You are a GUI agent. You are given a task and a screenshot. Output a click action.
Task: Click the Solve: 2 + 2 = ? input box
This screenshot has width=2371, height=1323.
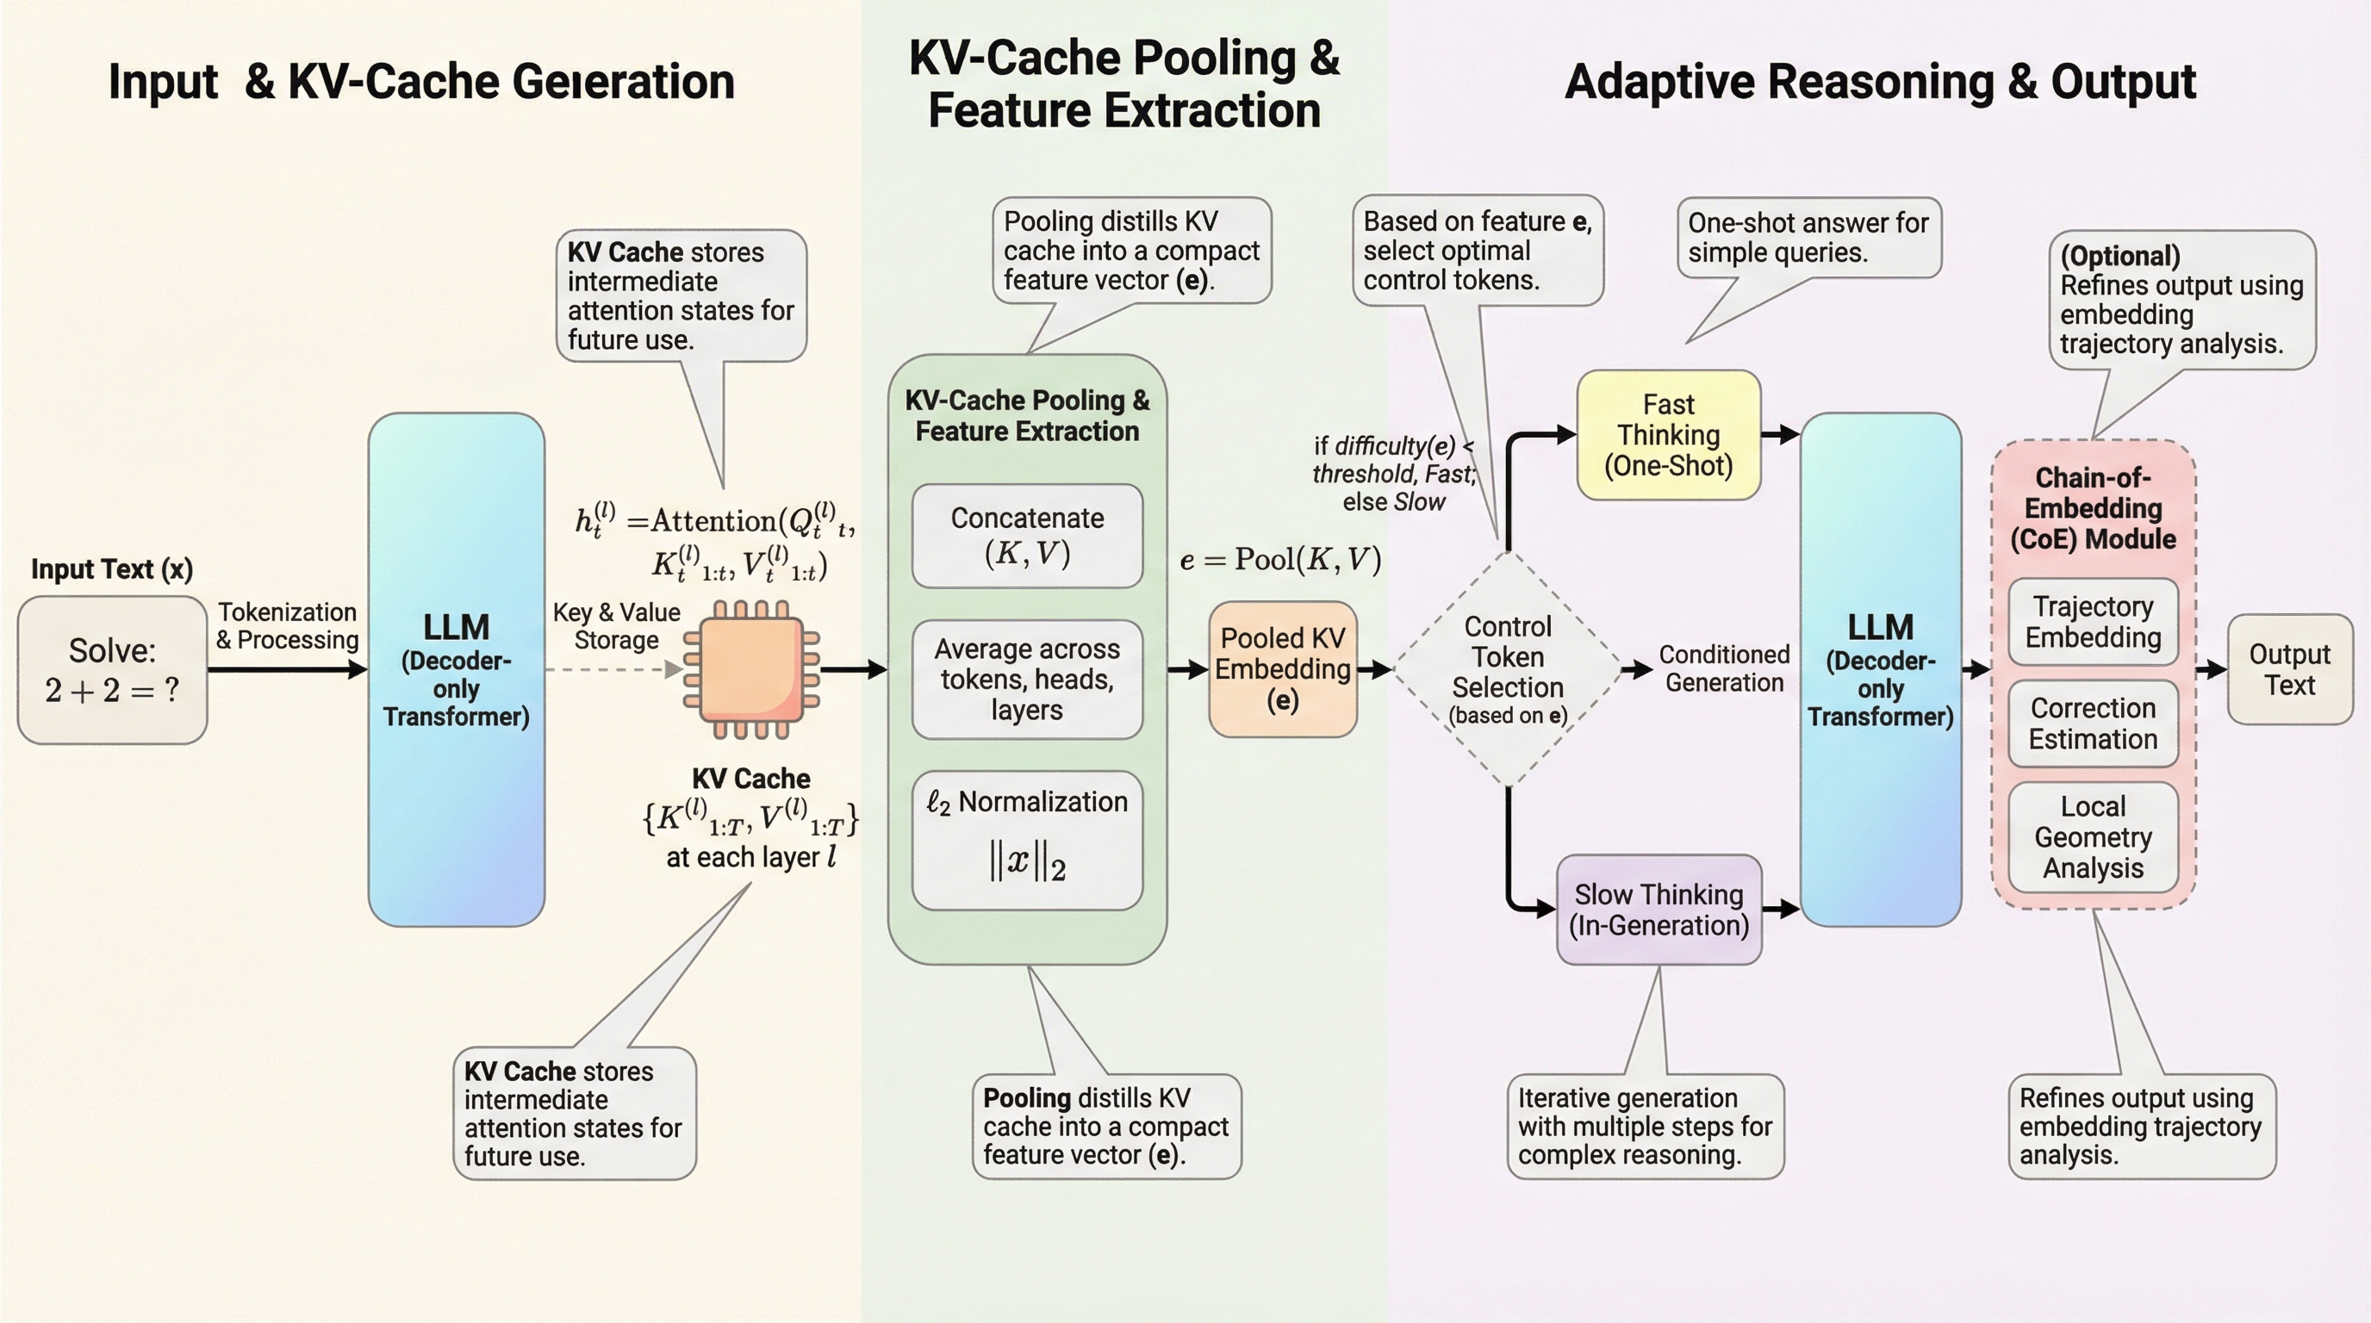click(x=112, y=670)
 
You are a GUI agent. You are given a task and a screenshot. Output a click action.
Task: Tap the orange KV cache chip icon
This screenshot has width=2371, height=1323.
click(x=751, y=670)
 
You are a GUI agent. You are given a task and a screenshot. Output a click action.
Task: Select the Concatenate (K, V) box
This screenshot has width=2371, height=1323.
click(x=1027, y=536)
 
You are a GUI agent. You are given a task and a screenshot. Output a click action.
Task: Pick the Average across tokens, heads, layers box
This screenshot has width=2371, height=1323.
click(x=1027, y=679)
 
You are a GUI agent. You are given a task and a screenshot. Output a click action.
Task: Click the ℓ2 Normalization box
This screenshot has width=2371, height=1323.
click(x=1027, y=839)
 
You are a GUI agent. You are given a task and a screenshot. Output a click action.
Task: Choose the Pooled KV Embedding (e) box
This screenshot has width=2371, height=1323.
click(x=1282, y=669)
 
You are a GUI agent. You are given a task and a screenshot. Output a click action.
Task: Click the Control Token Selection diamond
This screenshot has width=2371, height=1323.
click(x=1508, y=669)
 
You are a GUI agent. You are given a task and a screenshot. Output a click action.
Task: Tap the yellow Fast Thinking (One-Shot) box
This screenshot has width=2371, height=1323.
click(x=1668, y=435)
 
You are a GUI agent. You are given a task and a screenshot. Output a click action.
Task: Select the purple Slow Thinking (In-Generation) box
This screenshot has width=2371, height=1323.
click(x=1658, y=909)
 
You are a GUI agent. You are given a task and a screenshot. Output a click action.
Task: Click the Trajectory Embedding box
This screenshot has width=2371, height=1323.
click(x=2093, y=622)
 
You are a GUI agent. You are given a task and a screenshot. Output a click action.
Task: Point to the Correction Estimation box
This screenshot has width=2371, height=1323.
click(x=2093, y=724)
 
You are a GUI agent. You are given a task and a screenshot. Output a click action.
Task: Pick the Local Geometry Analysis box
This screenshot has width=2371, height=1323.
click(x=2093, y=837)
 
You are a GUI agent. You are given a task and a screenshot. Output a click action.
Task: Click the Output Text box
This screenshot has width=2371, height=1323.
click(x=2289, y=669)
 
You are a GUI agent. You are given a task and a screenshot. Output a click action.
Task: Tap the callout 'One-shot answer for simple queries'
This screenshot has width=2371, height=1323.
click(x=1808, y=238)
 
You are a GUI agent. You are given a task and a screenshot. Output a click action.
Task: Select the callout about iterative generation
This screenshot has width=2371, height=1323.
click(x=1645, y=1126)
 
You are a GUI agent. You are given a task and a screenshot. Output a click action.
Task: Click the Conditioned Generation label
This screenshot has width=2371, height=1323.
click(x=1724, y=669)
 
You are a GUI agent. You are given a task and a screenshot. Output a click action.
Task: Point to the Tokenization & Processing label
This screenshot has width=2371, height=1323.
click(x=287, y=625)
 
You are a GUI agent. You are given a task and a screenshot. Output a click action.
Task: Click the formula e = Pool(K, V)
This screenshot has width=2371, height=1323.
click(x=1280, y=559)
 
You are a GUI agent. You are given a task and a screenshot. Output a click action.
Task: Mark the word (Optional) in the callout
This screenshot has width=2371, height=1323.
click(x=2119, y=256)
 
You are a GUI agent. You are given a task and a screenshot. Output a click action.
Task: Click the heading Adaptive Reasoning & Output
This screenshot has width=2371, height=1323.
click(x=1880, y=82)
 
